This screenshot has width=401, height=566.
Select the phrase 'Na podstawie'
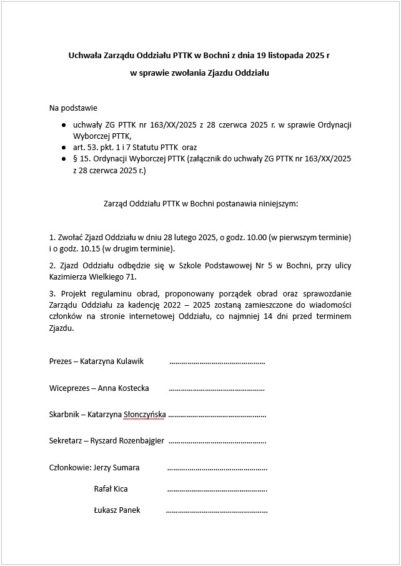pos(73,108)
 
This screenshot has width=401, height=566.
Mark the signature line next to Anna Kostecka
pos(217,388)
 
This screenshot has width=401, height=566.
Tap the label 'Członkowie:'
pos(70,467)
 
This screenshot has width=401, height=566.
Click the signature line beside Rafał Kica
pos(217,489)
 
